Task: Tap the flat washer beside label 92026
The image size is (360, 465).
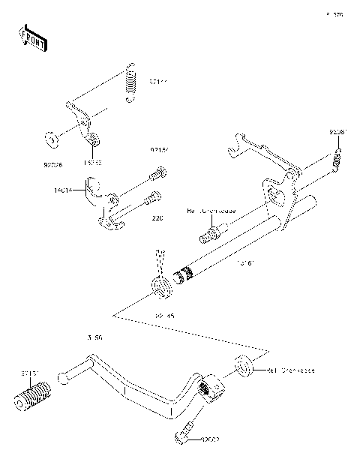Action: pos(50,139)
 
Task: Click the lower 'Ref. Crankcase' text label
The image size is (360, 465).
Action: pos(290,370)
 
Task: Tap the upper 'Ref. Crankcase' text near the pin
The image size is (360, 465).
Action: pos(211,211)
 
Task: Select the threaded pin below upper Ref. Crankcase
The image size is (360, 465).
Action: pos(211,233)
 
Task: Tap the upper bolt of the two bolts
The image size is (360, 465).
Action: pos(158,175)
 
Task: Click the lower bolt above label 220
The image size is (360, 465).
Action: pos(154,199)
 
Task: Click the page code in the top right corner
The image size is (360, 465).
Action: pos(334,14)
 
